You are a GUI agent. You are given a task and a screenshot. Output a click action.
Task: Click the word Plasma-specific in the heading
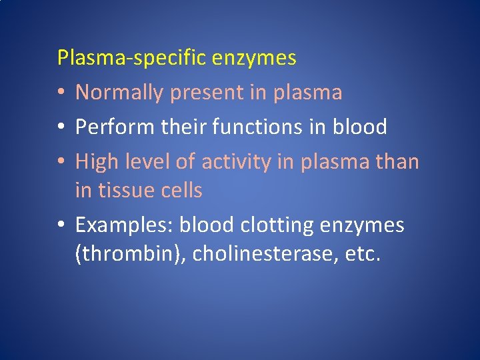point(132,59)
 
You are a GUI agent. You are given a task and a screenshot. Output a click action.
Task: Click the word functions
point(255,127)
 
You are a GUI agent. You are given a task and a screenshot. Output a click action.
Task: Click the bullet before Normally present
point(61,93)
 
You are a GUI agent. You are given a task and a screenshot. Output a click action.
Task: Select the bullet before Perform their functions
point(61,127)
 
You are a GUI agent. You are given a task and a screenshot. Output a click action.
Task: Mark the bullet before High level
point(61,162)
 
